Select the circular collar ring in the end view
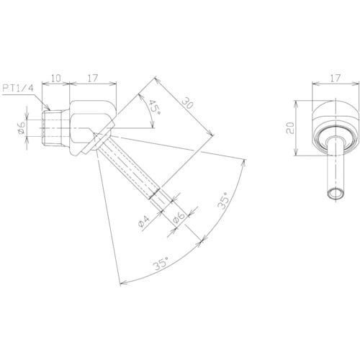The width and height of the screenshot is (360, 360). tap(333, 134)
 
